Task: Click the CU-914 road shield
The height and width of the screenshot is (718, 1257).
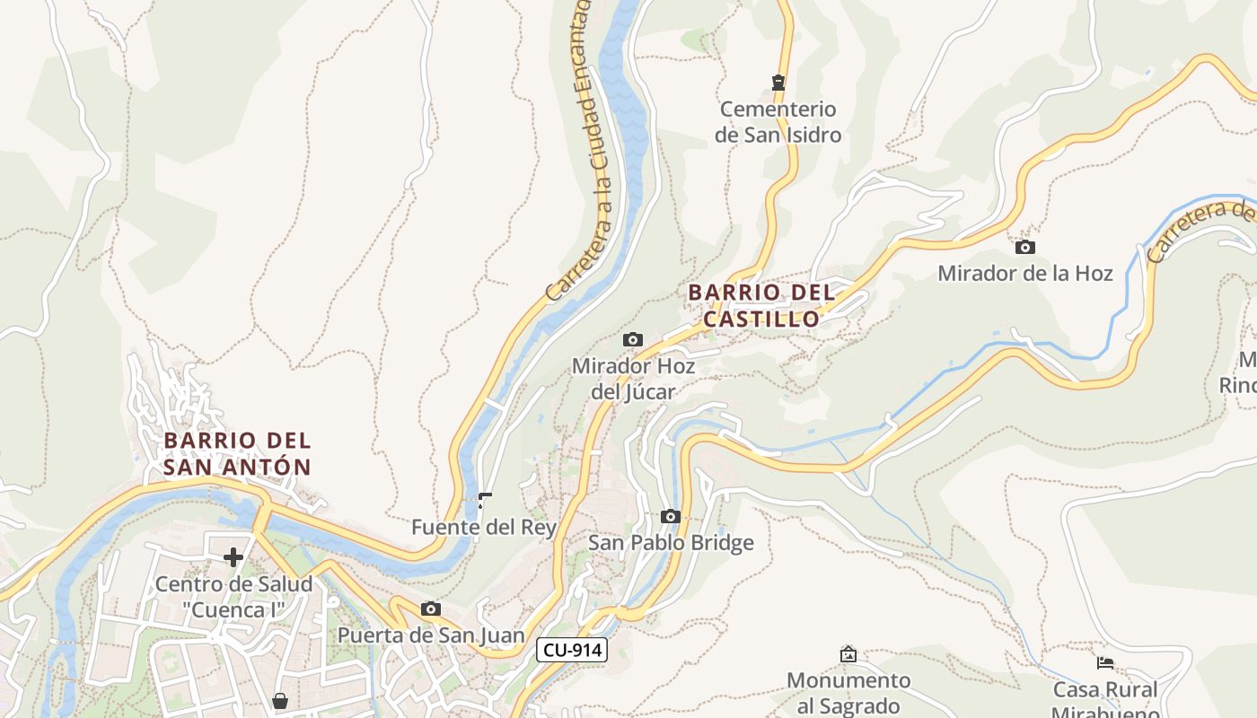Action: click(572, 651)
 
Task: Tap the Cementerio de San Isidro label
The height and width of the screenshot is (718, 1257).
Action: click(779, 122)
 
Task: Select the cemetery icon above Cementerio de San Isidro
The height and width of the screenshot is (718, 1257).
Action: click(778, 83)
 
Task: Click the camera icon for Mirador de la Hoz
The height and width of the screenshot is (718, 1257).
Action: click(1024, 247)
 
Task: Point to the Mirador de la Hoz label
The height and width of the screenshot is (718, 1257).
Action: click(1024, 274)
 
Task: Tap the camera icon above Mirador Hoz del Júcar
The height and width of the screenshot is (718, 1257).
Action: click(633, 339)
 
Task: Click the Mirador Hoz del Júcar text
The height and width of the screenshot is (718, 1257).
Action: click(633, 379)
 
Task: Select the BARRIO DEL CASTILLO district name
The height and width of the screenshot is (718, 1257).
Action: click(761, 305)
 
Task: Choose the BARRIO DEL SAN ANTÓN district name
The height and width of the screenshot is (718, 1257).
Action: click(238, 453)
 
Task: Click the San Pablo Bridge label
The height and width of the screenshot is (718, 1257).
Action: click(671, 543)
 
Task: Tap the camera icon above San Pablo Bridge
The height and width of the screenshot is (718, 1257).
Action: click(670, 516)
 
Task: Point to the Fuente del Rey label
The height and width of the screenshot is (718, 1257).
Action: click(484, 527)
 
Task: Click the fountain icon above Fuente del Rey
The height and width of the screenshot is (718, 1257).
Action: click(485, 500)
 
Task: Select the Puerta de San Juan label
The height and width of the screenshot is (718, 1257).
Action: click(431, 635)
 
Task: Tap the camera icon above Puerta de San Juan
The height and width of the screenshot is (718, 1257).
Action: click(431, 609)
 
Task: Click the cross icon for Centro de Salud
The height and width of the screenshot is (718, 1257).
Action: click(233, 557)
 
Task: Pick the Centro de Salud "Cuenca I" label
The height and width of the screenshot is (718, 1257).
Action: click(233, 597)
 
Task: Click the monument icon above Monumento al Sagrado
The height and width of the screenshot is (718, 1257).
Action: click(848, 654)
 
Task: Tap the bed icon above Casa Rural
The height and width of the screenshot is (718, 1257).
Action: click(1105, 663)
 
